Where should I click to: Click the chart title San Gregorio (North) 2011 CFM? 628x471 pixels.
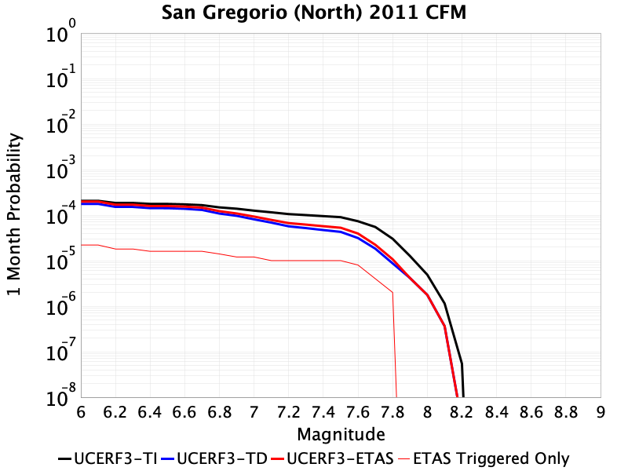pos(314,13)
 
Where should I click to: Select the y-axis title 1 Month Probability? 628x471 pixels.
pos(14,214)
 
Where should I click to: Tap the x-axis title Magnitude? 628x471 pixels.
pos(341,435)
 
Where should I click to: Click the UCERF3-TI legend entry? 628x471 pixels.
pos(108,458)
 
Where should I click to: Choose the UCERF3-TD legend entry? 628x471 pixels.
pos(214,458)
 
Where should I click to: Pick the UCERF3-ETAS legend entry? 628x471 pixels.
pos(332,458)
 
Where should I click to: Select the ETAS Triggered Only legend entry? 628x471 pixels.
pos(484,458)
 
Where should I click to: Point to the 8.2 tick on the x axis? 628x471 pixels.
pos(462,412)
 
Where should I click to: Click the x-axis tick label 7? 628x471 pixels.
pos(254,412)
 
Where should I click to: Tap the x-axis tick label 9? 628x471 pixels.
pos(601,412)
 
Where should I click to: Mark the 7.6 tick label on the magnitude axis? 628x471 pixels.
pos(358,412)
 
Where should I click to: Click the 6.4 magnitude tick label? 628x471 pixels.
pos(150,412)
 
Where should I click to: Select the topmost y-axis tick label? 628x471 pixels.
pos(61,31)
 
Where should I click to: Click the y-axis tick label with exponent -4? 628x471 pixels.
pos(61,213)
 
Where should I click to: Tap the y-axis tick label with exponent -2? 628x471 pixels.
pos(61,122)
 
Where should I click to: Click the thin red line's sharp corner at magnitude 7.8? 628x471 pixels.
pos(392,292)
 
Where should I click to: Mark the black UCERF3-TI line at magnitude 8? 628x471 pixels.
pos(427,275)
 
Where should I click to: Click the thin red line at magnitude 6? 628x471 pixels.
pos(82,245)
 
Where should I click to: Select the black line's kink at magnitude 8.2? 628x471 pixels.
pos(462,363)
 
